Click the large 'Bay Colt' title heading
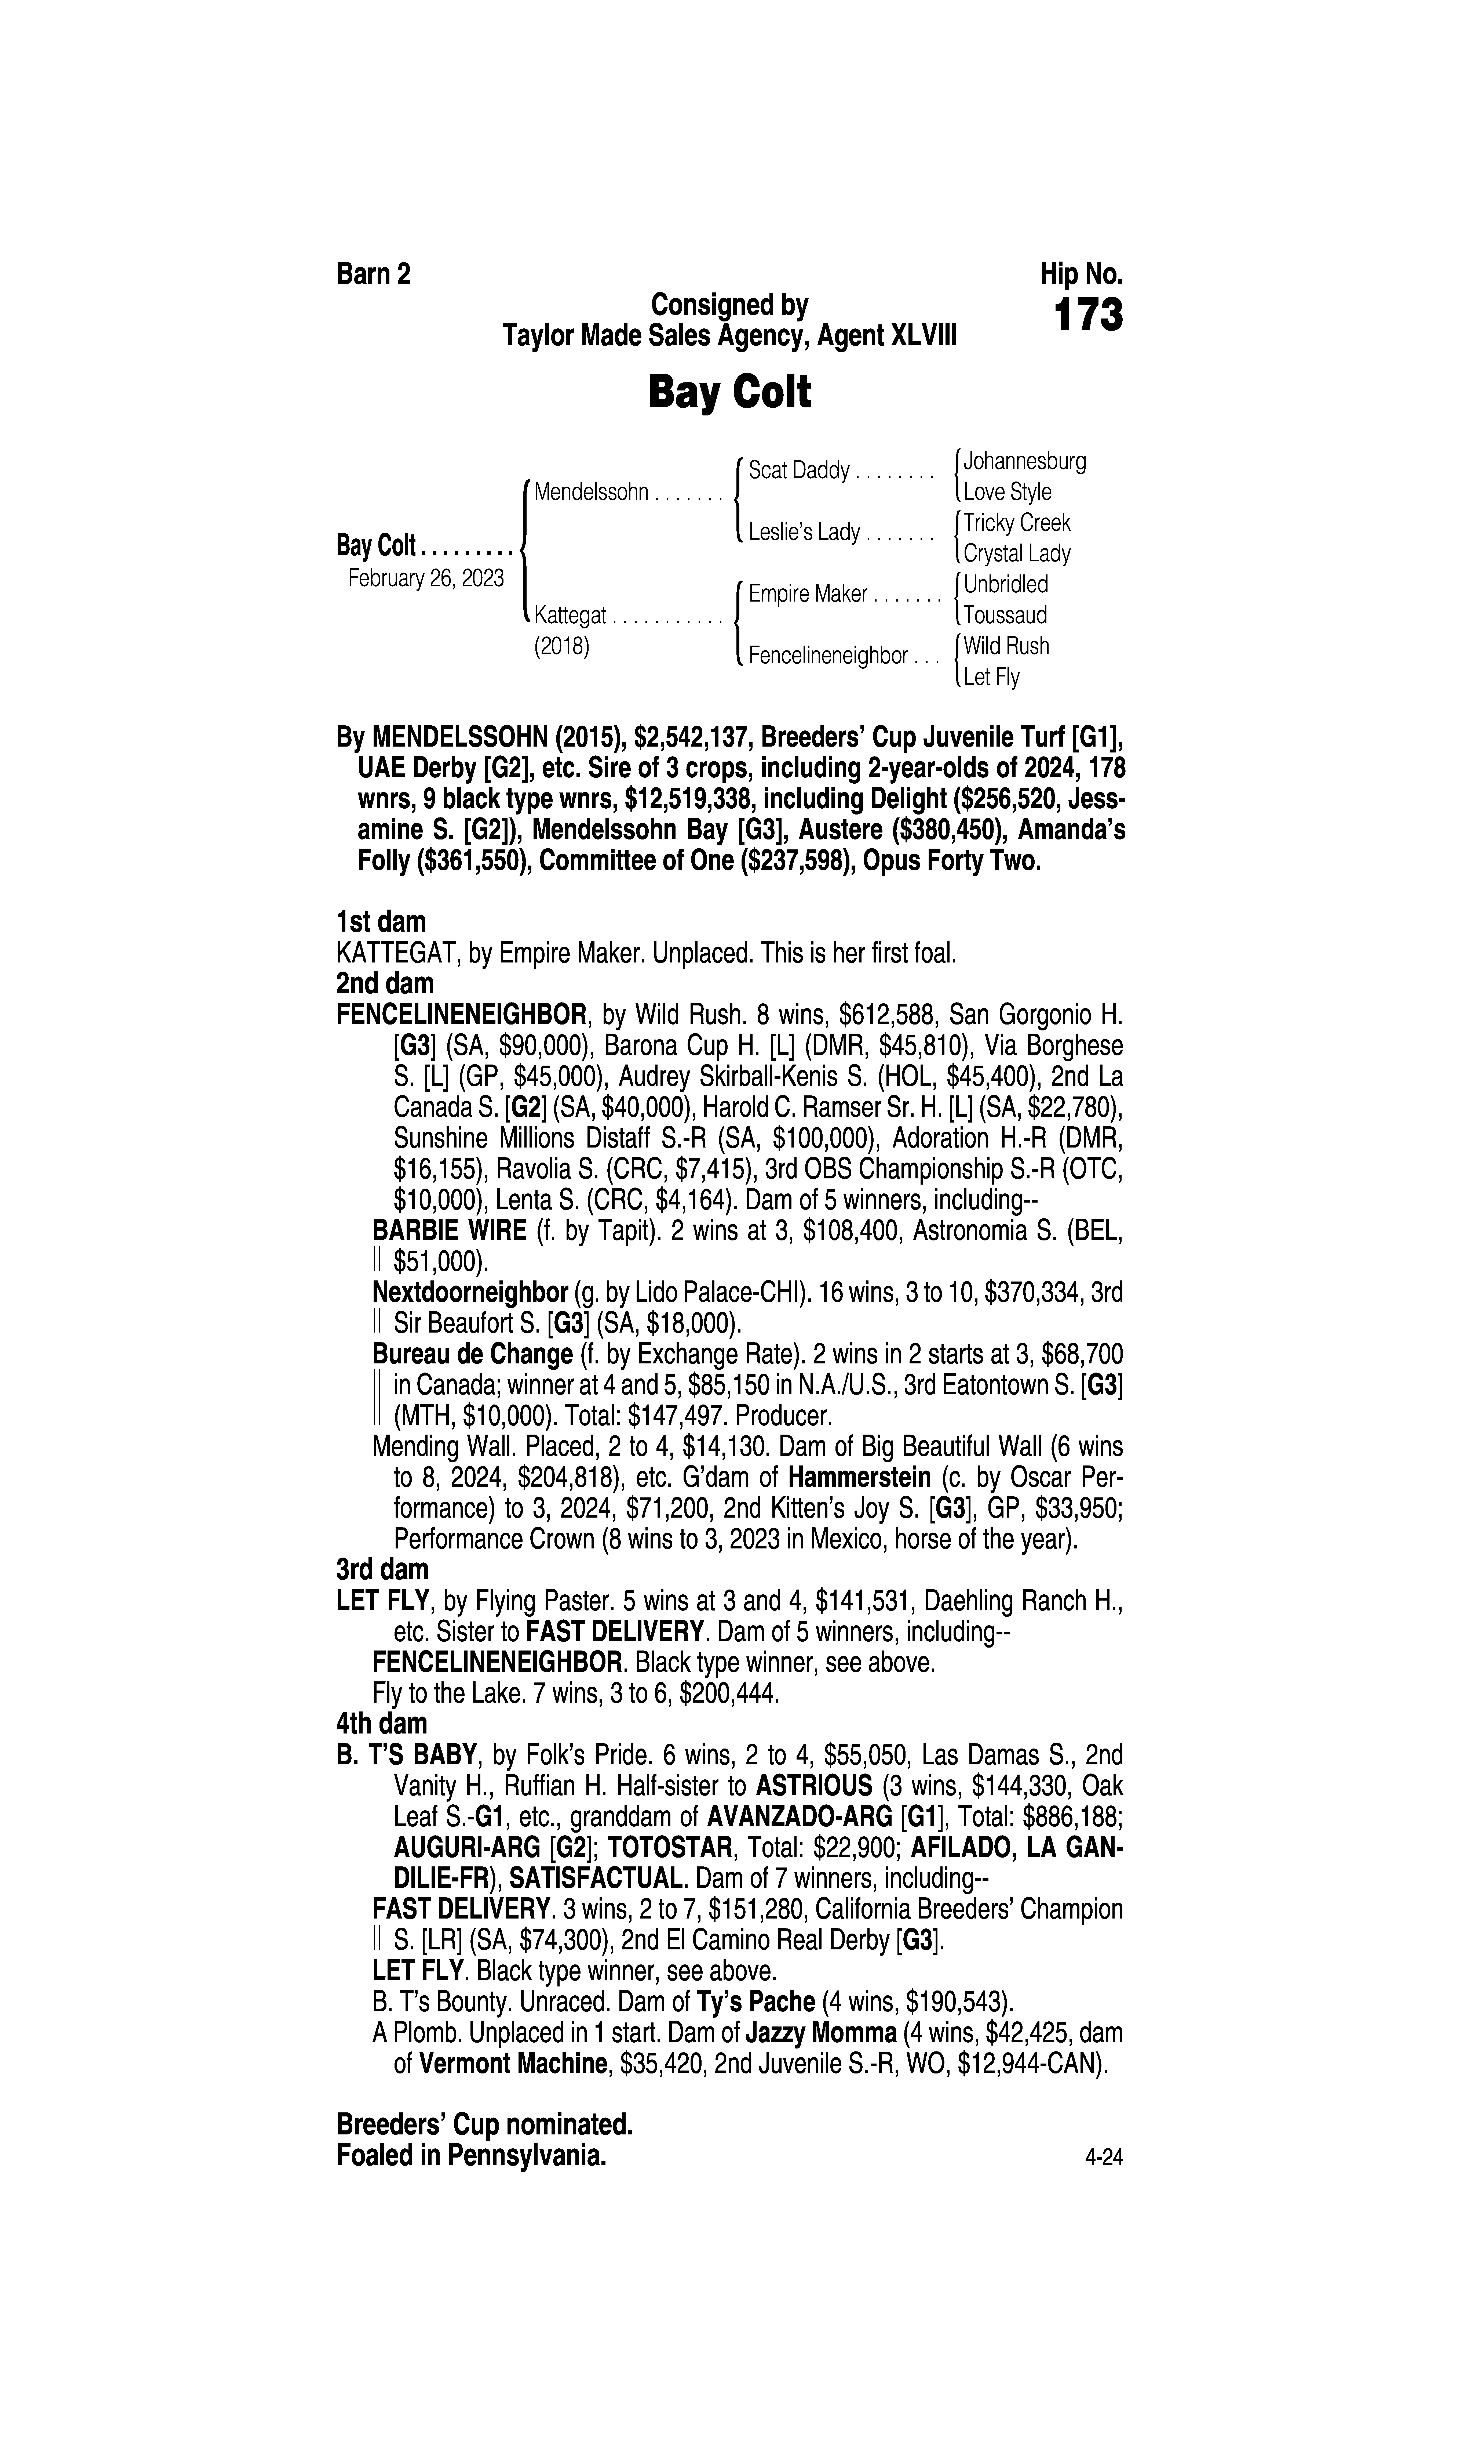tap(729, 393)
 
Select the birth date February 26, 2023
tap(426, 578)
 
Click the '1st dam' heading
tap(381, 922)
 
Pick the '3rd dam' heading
tap(383, 1568)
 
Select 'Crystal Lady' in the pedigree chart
tap(1016, 553)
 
